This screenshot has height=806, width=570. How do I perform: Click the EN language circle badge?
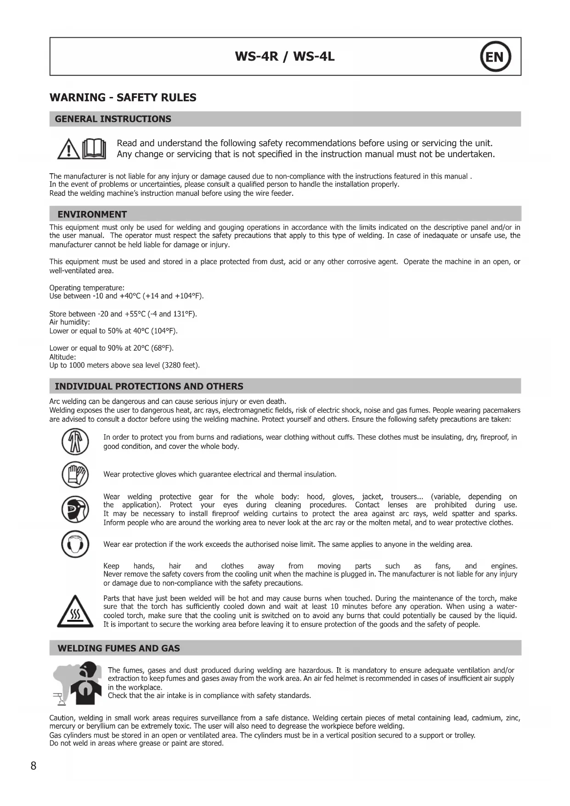(x=495, y=57)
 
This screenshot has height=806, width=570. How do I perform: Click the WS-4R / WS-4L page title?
(x=285, y=57)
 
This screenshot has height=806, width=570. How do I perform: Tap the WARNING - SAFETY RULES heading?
(x=123, y=97)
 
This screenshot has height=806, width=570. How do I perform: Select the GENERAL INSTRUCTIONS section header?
(x=113, y=119)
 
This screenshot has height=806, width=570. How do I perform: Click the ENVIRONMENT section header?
(x=92, y=214)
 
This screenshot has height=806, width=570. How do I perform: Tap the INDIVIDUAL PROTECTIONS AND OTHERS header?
(x=149, y=386)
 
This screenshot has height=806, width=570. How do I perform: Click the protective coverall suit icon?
(x=75, y=442)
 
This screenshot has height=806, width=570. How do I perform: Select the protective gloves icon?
(x=75, y=474)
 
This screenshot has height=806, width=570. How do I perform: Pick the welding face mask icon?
(x=75, y=509)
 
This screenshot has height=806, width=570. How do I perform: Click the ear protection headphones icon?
(x=75, y=544)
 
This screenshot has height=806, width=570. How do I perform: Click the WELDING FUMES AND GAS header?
(x=119, y=648)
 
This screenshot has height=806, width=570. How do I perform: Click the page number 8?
(x=34, y=766)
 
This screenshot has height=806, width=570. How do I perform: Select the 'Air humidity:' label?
(x=69, y=322)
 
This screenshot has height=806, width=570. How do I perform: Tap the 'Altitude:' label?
(x=62, y=357)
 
